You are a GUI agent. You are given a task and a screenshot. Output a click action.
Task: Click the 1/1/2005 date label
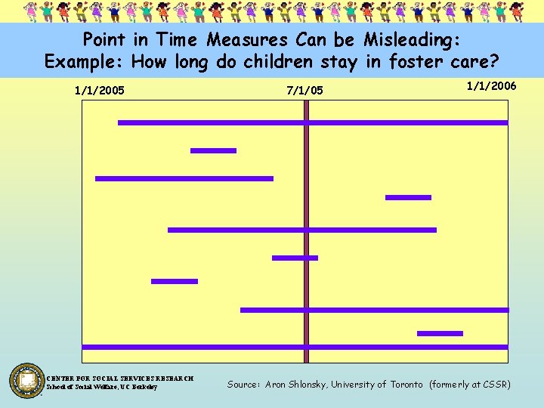(100, 91)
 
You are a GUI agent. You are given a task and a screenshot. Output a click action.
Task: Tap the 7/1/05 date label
(304, 91)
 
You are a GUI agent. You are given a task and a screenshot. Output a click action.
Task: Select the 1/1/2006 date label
(491, 86)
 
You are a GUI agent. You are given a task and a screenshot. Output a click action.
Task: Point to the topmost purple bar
(313, 122)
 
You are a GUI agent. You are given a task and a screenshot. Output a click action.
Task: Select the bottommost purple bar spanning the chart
(295, 347)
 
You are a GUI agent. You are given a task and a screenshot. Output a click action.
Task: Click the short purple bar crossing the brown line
(295, 258)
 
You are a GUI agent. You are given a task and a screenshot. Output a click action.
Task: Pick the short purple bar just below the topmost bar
(213, 150)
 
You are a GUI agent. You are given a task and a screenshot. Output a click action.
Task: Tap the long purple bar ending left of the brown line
(184, 178)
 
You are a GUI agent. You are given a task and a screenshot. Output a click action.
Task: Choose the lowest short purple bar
(440, 333)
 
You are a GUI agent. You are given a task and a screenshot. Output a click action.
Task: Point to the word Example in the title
(80, 62)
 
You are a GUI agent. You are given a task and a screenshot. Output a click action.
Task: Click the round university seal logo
(27, 380)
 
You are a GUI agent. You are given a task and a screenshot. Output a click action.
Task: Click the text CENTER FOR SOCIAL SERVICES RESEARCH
(121, 378)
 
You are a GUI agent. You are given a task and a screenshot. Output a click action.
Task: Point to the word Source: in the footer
(243, 385)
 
